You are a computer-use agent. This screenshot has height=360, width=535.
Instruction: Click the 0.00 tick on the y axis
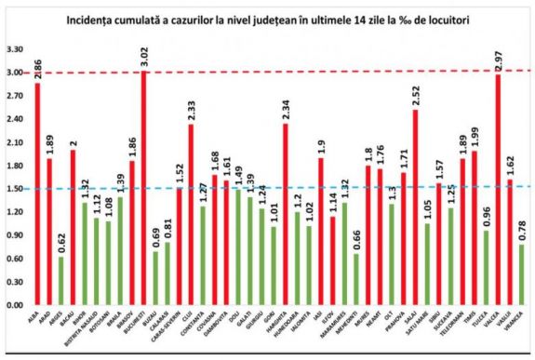[x=13, y=305]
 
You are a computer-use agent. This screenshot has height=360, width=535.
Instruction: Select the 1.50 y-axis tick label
[x=13, y=189]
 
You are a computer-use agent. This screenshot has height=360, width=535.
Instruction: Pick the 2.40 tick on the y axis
[x=13, y=119]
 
